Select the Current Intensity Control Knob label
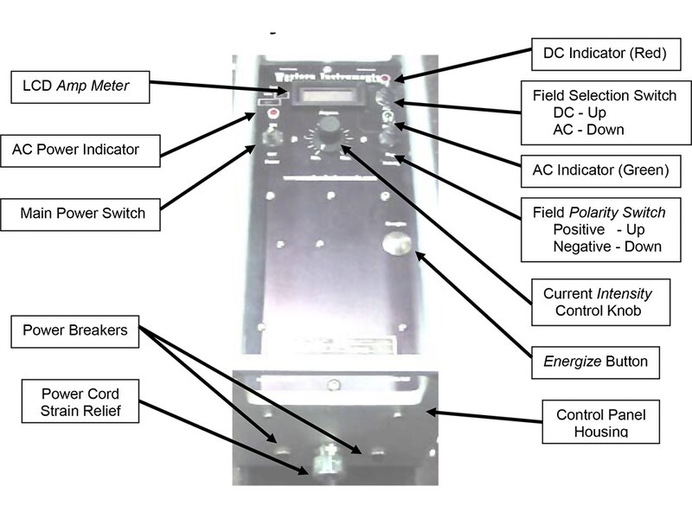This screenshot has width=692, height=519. point(598,302)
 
